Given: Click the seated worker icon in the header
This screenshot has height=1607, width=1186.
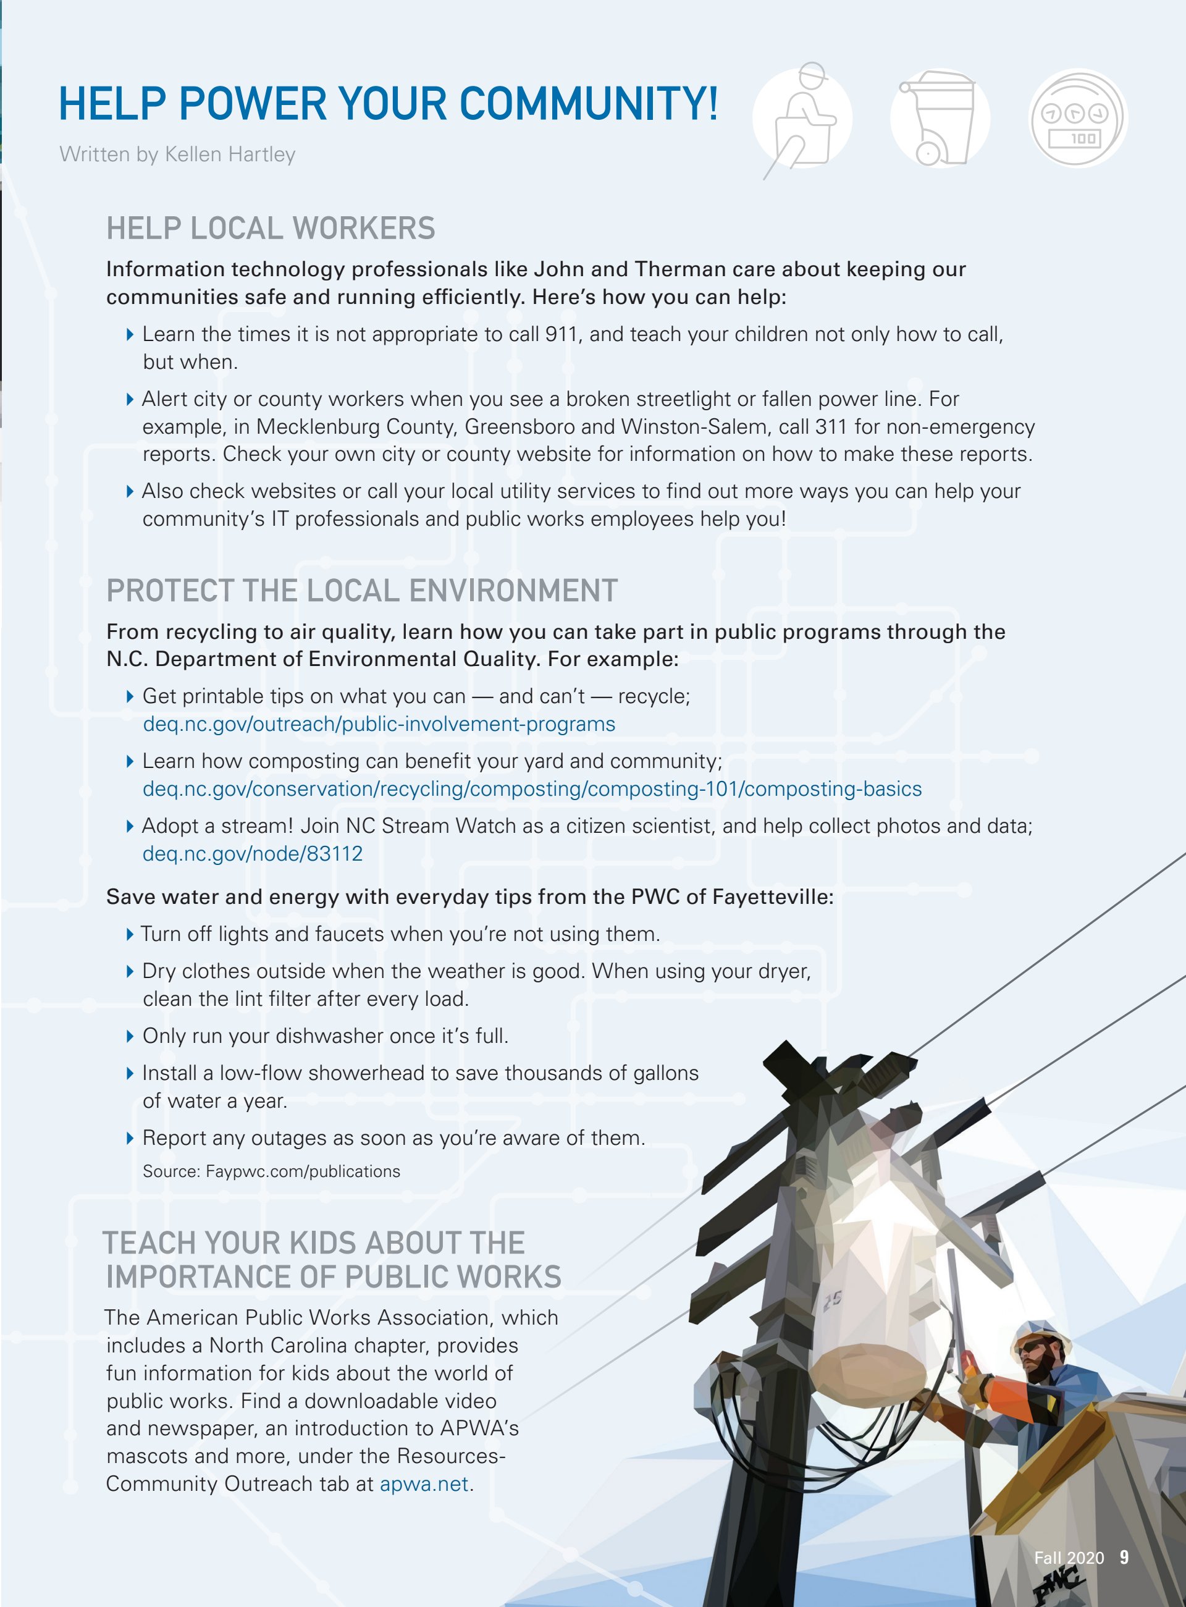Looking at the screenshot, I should (x=802, y=119).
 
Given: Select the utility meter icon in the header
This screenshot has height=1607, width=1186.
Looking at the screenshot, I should (x=1078, y=119).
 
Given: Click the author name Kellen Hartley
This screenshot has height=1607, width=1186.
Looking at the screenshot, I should (x=230, y=154).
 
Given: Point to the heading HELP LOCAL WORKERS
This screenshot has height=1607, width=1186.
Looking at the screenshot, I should (x=271, y=229).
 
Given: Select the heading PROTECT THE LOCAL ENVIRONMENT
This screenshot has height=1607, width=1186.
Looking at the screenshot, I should (x=362, y=591).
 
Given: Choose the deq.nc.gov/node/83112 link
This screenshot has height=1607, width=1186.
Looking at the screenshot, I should (x=253, y=854).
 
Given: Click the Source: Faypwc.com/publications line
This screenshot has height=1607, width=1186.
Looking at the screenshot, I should (x=271, y=1171).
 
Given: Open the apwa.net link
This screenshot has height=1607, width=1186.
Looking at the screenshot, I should (x=424, y=1483).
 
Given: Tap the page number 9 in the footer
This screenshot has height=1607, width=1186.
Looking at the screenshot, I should (x=1124, y=1557).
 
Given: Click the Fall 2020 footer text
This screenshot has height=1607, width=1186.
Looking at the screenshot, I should (x=1068, y=1558).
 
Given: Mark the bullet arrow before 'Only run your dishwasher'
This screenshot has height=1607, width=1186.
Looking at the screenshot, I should (x=130, y=1036).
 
